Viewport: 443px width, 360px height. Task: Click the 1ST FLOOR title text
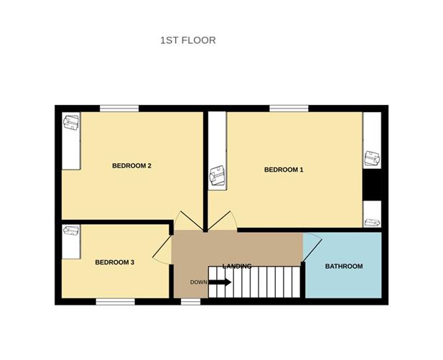click(x=187, y=40)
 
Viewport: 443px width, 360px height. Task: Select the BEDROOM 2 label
click(x=131, y=166)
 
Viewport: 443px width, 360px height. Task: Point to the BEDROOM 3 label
click(x=115, y=262)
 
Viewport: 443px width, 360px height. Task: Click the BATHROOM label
click(x=344, y=266)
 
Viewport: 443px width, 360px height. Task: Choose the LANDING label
click(x=237, y=266)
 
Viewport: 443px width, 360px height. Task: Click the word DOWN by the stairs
click(x=199, y=282)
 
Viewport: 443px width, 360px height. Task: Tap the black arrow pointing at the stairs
click(x=220, y=282)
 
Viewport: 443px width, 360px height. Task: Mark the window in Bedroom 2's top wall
click(x=118, y=109)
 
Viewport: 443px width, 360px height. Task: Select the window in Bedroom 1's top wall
click(x=289, y=109)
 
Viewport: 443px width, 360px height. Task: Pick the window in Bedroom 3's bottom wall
click(x=115, y=301)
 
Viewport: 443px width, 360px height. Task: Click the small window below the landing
click(x=190, y=301)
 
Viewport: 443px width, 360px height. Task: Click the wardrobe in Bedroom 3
click(x=70, y=241)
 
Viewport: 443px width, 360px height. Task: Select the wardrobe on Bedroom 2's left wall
click(x=70, y=140)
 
